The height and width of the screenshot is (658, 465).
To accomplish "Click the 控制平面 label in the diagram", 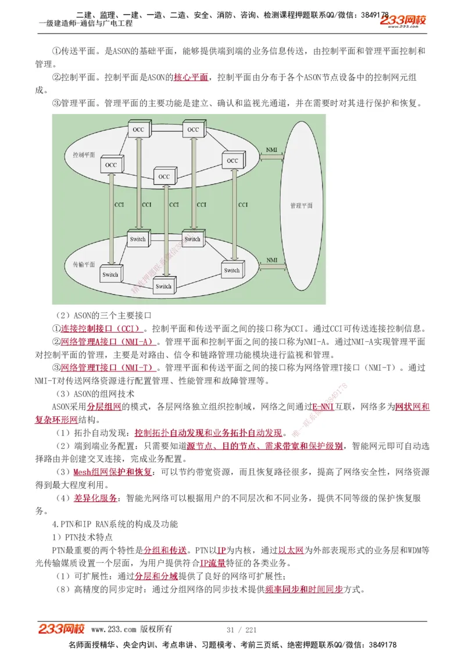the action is (84, 155).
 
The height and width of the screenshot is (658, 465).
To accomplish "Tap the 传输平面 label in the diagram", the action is (84, 264).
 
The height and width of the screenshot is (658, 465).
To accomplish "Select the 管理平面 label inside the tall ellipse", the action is (301, 206).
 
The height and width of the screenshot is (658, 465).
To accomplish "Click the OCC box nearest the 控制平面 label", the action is (110, 165).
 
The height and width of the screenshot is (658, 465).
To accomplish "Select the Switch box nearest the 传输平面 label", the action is (110, 274).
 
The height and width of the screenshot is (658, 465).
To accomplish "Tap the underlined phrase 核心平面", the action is (191, 77).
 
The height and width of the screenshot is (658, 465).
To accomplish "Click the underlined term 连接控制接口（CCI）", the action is (100, 328).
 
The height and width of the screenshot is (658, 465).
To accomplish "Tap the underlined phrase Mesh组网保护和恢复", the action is (113, 472).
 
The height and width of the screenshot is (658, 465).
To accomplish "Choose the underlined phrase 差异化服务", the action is (95, 498).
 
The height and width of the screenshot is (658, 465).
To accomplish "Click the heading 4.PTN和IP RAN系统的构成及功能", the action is (115, 524).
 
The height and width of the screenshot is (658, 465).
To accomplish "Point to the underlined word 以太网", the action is (291, 550).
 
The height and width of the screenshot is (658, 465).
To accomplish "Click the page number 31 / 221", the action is (241, 630).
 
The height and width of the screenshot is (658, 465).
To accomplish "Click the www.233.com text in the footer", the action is (115, 630).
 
